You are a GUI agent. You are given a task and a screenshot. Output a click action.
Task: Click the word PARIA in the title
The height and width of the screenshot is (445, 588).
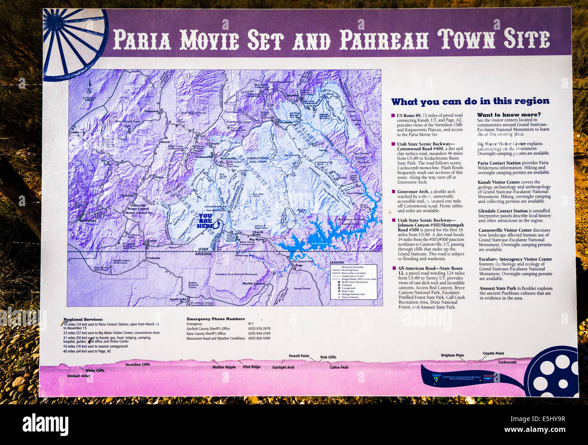(142, 40)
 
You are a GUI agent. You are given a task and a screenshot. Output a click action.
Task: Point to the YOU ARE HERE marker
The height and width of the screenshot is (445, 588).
(205, 221)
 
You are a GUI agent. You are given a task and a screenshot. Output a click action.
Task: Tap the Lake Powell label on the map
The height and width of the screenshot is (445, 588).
(318, 243)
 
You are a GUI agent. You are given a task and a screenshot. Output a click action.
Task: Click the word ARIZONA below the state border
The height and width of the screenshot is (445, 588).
(203, 254)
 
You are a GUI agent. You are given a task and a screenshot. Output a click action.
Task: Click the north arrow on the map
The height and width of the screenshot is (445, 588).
(89, 88)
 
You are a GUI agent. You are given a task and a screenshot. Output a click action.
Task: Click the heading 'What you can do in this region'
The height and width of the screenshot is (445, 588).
(470, 102)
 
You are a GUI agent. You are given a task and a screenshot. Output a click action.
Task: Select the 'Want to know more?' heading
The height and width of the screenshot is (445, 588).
(508, 115)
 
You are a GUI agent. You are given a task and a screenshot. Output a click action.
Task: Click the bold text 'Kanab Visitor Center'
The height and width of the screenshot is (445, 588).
(499, 182)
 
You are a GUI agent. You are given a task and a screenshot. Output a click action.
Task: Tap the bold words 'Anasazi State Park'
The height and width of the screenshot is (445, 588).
(498, 288)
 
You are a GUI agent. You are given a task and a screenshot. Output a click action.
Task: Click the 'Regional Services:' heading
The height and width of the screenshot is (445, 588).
(83, 319)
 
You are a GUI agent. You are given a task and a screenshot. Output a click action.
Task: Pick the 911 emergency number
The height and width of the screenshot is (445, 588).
(251, 324)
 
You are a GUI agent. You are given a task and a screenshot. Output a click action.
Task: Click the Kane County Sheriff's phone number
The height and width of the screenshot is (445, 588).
(259, 334)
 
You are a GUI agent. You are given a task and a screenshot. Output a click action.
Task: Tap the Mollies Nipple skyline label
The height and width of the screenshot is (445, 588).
(224, 367)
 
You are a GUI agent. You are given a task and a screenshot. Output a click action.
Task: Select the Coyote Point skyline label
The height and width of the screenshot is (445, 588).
(493, 354)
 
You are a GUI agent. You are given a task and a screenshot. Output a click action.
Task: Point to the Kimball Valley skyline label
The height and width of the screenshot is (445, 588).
(79, 376)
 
